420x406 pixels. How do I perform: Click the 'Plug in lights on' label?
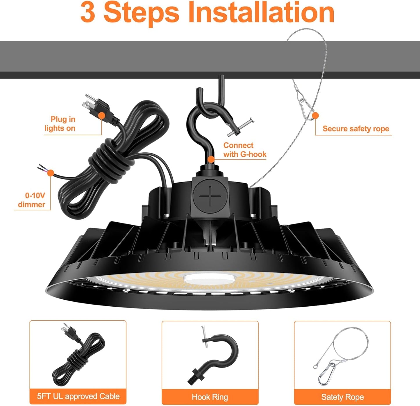pyautogui.click(x=60, y=124)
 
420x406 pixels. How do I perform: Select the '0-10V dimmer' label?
pyautogui.click(x=32, y=200)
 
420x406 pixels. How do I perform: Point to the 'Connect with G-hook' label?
pyautogui.click(x=244, y=150)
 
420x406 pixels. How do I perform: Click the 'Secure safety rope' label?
pyautogui.click(x=355, y=129)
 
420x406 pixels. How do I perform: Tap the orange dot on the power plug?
pyautogui.click(x=101, y=116)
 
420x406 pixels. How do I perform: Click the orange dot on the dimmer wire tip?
pyautogui.click(x=51, y=173)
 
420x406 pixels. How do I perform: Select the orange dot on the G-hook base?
pyautogui.click(x=211, y=159)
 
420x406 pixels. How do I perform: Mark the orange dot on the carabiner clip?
pyautogui.click(x=315, y=116)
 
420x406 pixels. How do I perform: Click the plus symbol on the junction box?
pyautogui.click(x=211, y=196)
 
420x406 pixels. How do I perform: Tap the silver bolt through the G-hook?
pyautogui.click(x=240, y=127)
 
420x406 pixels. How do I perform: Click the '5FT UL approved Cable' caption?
pyautogui.click(x=78, y=396)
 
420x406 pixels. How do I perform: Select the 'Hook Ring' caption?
pyautogui.click(x=210, y=397)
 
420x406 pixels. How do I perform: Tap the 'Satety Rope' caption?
pyautogui.click(x=342, y=397)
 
